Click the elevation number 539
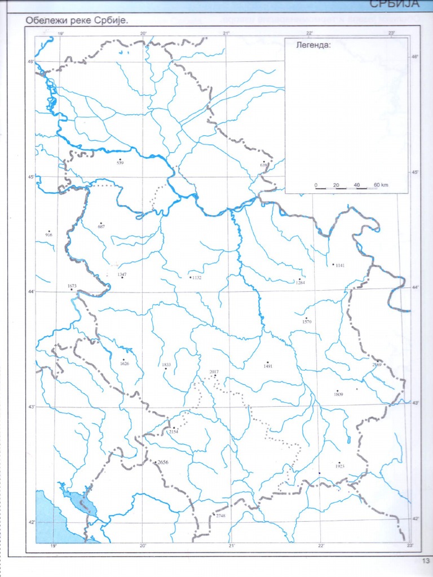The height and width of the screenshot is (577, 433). pos(120,163)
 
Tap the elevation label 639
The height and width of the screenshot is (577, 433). pos(263,165)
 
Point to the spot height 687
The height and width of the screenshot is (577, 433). pos(101,227)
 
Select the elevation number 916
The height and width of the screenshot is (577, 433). pos(48,234)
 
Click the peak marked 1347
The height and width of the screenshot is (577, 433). pos(122,274)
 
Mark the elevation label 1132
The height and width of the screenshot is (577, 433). pos(196,278)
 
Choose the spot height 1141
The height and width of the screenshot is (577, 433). pos(339,265)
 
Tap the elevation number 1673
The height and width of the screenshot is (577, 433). pos(72,286)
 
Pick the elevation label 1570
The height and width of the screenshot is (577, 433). pos(307,321)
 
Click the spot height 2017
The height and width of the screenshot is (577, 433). pos(214,372)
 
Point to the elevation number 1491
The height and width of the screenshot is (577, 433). pos(268,366)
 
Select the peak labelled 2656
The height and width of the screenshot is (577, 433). pos(162,463)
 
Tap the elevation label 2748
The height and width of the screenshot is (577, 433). pos(220,516)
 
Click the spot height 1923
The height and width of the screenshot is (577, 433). pos(339,467)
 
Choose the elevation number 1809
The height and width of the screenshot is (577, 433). pos(338,394)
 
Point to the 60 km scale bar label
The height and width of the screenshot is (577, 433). pos(380,185)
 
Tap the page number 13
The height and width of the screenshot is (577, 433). pos(425,561)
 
